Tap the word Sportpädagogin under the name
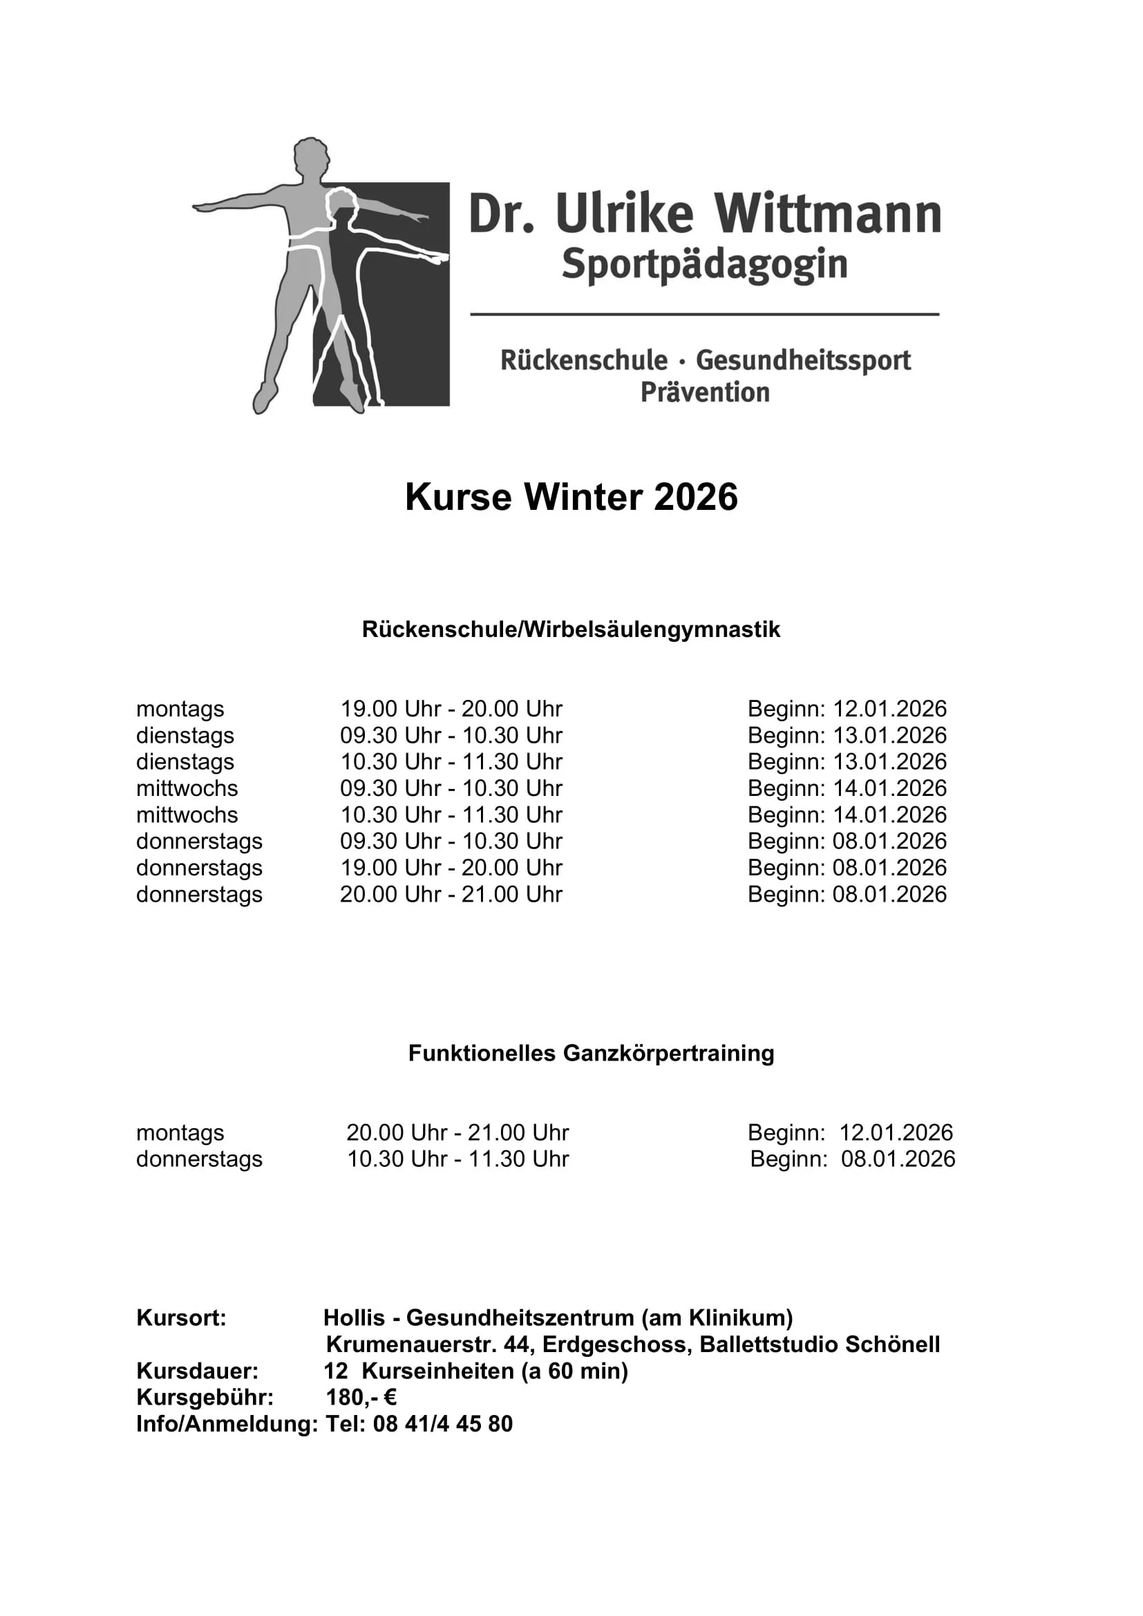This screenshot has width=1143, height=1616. tap(704, 265)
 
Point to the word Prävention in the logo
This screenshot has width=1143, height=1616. tap(704, 392)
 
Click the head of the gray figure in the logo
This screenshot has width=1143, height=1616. tap(310, 159)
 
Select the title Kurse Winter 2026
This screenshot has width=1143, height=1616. tap(571, 497)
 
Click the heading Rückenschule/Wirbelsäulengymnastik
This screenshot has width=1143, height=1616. tap(571, 629)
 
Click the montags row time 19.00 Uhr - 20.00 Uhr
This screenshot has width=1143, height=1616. tap(451, 709)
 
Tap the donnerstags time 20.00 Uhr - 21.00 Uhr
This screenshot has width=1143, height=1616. tap(451, 895)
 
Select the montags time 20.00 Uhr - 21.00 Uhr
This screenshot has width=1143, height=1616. tap(457, 1132)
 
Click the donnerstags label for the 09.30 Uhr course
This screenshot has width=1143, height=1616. tap(199, 841)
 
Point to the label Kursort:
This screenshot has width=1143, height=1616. tap(181, 1318)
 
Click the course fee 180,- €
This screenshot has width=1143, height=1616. tap(361, 1397)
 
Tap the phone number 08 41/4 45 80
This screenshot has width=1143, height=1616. tap(443, 1424)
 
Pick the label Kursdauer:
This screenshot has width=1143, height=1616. tap(197, 1371)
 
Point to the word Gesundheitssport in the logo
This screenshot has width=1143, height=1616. tap(803, 361)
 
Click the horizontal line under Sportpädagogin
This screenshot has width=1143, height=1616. tap(704, 314)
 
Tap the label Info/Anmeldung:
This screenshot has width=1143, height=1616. tap(227, 1424)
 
